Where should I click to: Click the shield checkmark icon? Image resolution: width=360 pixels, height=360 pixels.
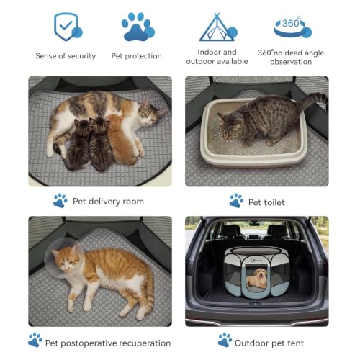[68, 27]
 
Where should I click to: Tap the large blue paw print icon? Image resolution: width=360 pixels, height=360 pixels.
[138, 27]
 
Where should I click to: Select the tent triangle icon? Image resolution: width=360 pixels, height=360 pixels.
[218, 27]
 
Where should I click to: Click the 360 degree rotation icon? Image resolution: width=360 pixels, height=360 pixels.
[293, 27]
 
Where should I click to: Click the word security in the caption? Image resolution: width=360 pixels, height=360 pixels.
[82, 56]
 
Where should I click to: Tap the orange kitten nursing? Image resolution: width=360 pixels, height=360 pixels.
[120, 139]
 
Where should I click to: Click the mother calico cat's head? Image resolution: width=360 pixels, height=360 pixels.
[150, 113]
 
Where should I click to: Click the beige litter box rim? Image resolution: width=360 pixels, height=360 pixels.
[254, 161]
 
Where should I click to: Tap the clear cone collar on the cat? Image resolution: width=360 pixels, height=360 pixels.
[63, 258]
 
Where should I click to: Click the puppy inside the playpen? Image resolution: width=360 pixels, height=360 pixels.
[257, 279]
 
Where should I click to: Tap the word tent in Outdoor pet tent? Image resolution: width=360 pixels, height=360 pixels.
[294, 343]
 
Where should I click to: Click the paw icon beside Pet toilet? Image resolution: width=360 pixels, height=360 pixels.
[236, 200]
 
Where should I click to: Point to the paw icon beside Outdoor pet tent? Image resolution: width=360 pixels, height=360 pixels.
[225, 340]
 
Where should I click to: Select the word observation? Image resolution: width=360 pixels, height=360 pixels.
[291, 62]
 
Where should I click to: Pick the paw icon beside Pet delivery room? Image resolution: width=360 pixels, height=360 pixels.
[60, 200]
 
